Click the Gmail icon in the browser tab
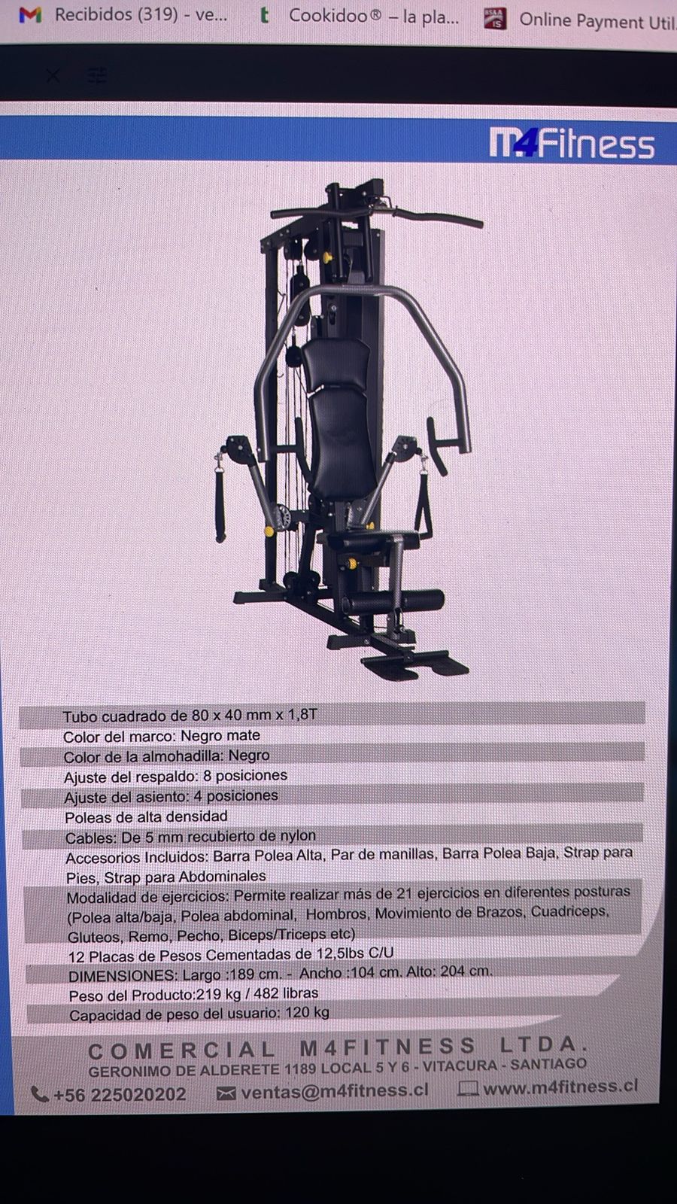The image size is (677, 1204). pos(30,14)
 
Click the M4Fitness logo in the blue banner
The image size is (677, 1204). pos(572,142)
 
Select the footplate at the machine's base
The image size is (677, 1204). pos(414,664)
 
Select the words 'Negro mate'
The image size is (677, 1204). pos(220,735)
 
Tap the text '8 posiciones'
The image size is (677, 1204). pos(245,776)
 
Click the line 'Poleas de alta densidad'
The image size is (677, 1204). pos(146,817)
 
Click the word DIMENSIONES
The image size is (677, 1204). pos(123,975)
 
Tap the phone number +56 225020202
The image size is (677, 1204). pos(120,1094)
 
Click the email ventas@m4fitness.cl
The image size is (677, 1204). pos(335,1090)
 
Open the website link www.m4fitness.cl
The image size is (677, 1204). pos(560,1087)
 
